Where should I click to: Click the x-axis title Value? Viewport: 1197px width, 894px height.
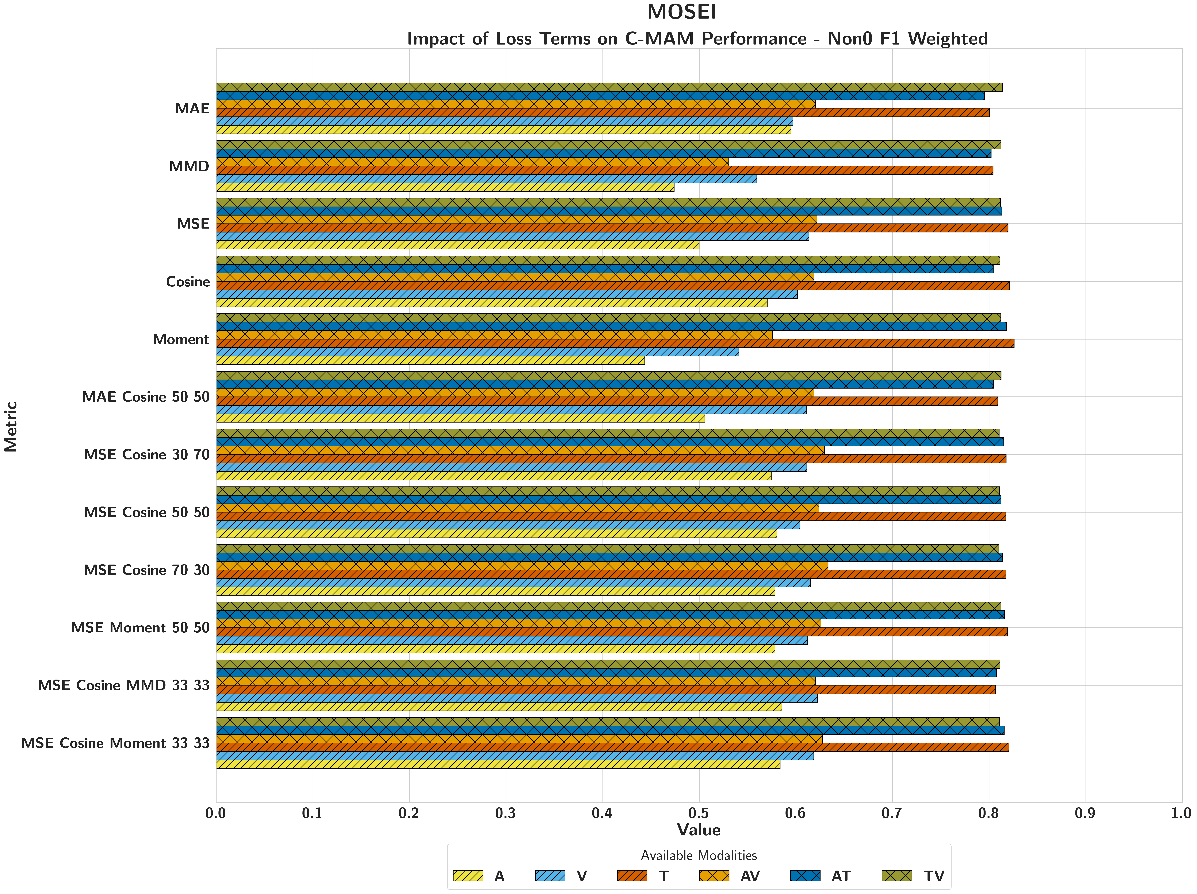click(x=699, y=830)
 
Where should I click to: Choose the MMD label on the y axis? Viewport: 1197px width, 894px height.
click(x=189, y=166)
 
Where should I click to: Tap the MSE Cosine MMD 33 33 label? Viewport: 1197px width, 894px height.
click(x=123, y=685)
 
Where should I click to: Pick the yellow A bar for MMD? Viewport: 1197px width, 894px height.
click(x=445, y=187)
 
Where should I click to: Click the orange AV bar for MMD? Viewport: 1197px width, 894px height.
click(x=472, y=162)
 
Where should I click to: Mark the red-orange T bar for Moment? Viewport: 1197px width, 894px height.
click(x=615, y=343)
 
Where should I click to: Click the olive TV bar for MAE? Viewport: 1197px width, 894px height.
click(x=609, y=87)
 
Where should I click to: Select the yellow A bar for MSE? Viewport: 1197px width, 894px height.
click(x=458, y=245)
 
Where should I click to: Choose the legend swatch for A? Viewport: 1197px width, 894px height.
click(x=468, y=876)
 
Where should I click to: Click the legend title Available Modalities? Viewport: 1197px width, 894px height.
click(x=699, y=855)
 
